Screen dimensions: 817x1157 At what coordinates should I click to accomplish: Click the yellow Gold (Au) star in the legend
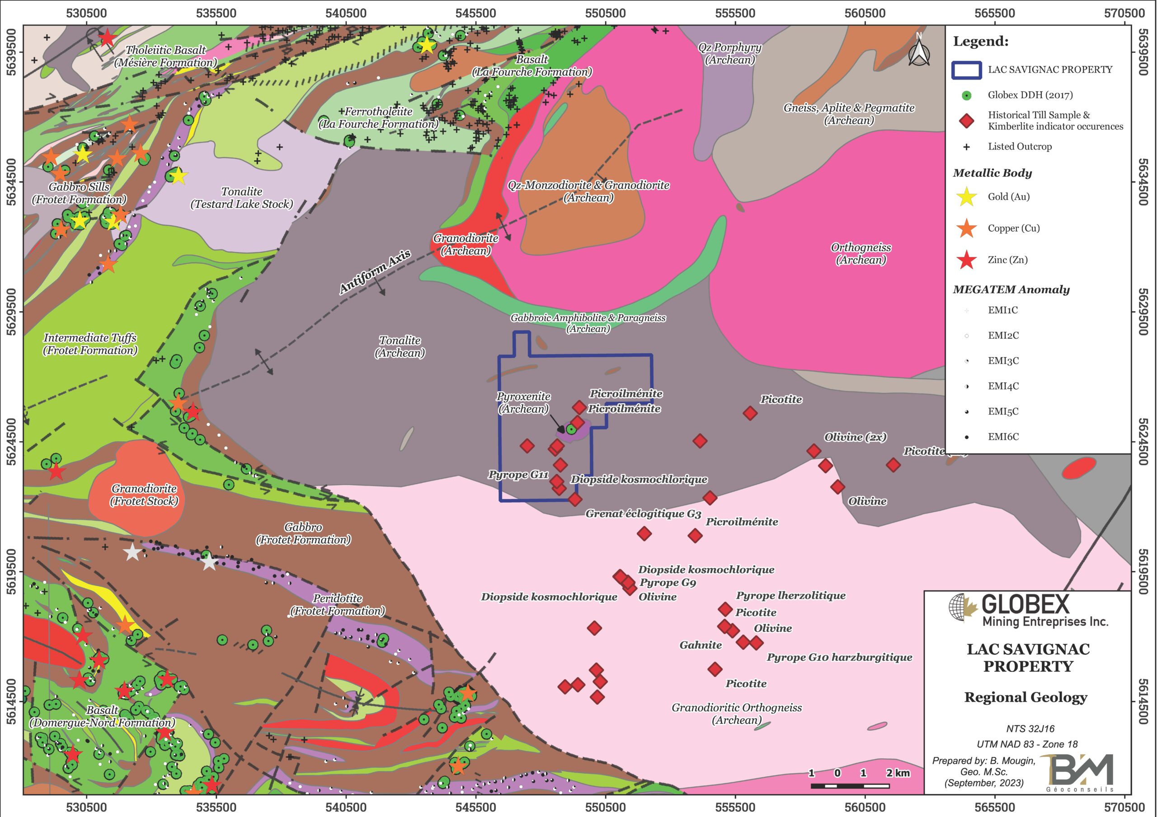coord(967,197)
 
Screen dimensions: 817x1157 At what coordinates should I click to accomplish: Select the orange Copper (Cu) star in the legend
coord(967,229)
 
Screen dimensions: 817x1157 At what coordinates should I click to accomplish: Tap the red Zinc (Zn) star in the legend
coord(967,260)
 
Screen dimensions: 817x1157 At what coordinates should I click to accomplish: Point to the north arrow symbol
coord(919,51)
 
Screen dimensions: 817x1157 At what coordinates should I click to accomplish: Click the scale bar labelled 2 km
coord(850,785)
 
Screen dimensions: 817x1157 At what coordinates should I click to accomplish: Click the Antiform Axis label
coord(375,271)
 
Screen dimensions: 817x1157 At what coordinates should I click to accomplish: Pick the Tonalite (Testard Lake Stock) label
coord(242,198)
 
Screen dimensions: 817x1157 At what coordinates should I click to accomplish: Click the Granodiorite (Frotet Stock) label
coord(144,495)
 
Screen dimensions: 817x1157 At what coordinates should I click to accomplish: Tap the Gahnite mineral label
coord(701,645)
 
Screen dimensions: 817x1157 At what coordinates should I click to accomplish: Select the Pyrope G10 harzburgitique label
coord(839,657)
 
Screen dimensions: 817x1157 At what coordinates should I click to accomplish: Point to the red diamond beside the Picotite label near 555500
coord(750,414)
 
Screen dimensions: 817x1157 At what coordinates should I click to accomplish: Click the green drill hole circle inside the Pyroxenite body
coord(571,429)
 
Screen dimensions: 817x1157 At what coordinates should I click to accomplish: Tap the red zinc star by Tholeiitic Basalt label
coord(106,38)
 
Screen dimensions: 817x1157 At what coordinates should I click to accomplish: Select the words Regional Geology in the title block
coord(1026,698)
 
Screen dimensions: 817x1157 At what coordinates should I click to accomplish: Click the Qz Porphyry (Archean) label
coord(729,54)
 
